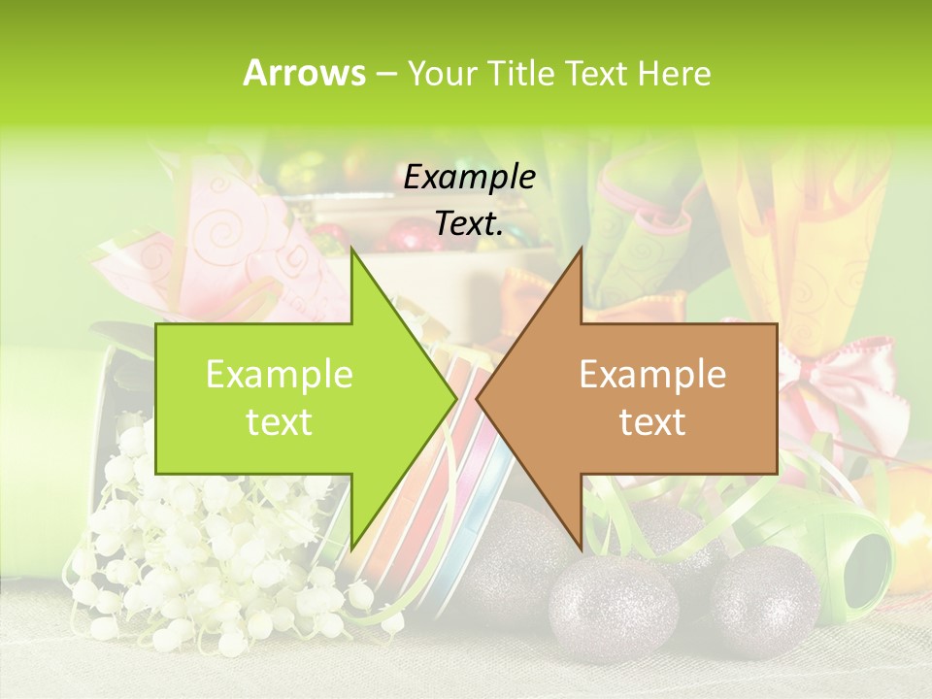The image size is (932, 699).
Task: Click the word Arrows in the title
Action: tap(304, 73)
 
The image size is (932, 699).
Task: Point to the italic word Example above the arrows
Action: tap(469, 177)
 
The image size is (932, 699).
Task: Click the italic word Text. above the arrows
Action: tap(469, 223)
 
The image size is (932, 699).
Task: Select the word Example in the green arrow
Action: tap(279, 375)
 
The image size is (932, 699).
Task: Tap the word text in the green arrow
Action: tap(279, 422)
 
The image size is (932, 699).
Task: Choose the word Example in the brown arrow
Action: tap(652, 375)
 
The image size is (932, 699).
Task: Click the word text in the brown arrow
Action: tap(652, 422)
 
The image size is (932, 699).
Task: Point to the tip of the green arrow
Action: tap(455, 398)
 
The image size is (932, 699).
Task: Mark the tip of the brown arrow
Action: tap(478, 398)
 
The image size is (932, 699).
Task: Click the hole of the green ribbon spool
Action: tap(867, 563)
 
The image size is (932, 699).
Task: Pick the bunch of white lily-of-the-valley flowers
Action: tap(194, 553)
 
